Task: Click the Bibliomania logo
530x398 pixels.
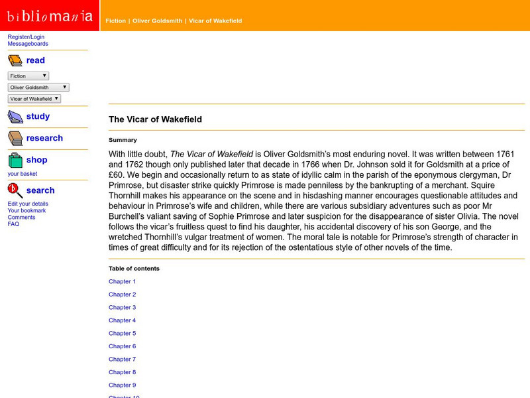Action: [x=50, y=15]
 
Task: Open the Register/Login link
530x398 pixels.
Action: [x=26, y=37]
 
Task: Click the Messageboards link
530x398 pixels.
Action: [x=28, y=44]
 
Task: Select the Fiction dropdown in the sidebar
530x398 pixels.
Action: [x=28, y=76]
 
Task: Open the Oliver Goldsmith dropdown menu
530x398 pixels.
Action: [x=38, y=87]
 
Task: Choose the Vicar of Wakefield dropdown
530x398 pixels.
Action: [x=34, y=98]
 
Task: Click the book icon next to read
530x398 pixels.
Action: [x=15, y=61]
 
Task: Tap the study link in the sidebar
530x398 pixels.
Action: [x=38, y=116]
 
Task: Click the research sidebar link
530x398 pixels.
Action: [x=44, y=138]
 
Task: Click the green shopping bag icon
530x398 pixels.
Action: [x=15, y=160]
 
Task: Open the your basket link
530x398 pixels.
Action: [x=23, y=174]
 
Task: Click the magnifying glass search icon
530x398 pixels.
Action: [x=15, y=190]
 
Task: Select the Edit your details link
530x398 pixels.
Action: [x=28, y=204]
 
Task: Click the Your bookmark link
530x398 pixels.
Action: [x=26, y=210]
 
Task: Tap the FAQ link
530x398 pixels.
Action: [x=13, y=224]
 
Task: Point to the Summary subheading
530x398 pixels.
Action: [x=123, y=140]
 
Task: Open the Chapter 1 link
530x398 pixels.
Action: [x=122, y=281]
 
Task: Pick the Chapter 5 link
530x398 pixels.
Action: [x=122, y=333]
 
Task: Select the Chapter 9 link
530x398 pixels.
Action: [x=122, y=385]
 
